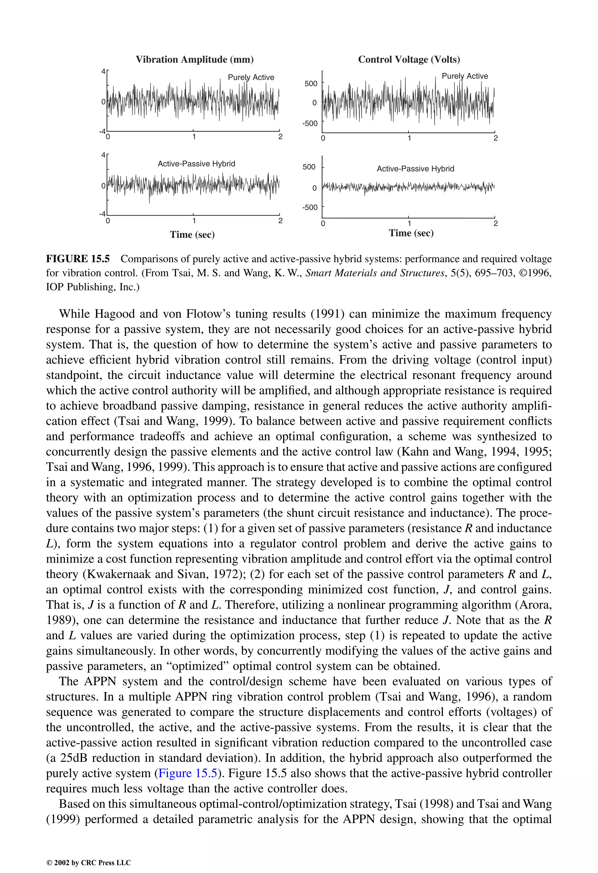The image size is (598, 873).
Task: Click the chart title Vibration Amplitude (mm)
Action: pyautogui.click(x=194, y=59)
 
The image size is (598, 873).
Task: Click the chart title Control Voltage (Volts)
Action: pyautogui.click(x=409, y=59)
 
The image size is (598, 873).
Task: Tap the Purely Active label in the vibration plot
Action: pyautogui.click(x=251, y=77)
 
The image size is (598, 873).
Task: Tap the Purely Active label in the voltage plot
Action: pyautogui.click(x=465, y=76)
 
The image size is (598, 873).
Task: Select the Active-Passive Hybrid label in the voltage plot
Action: pyautogui.click(x=415, y=169)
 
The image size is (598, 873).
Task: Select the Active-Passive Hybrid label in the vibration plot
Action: pyautogui.click(x=196, y=164)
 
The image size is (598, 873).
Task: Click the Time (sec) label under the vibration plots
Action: pyautogui.click(x=192, y=235)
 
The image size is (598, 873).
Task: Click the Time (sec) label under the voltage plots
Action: pyautogui.click(x=411, y=233)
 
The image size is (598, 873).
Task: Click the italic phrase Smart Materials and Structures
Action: pyautogui.click(x=375, y=273)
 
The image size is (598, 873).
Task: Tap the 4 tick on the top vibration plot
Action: pyautogui.click(x=103, y=71)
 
